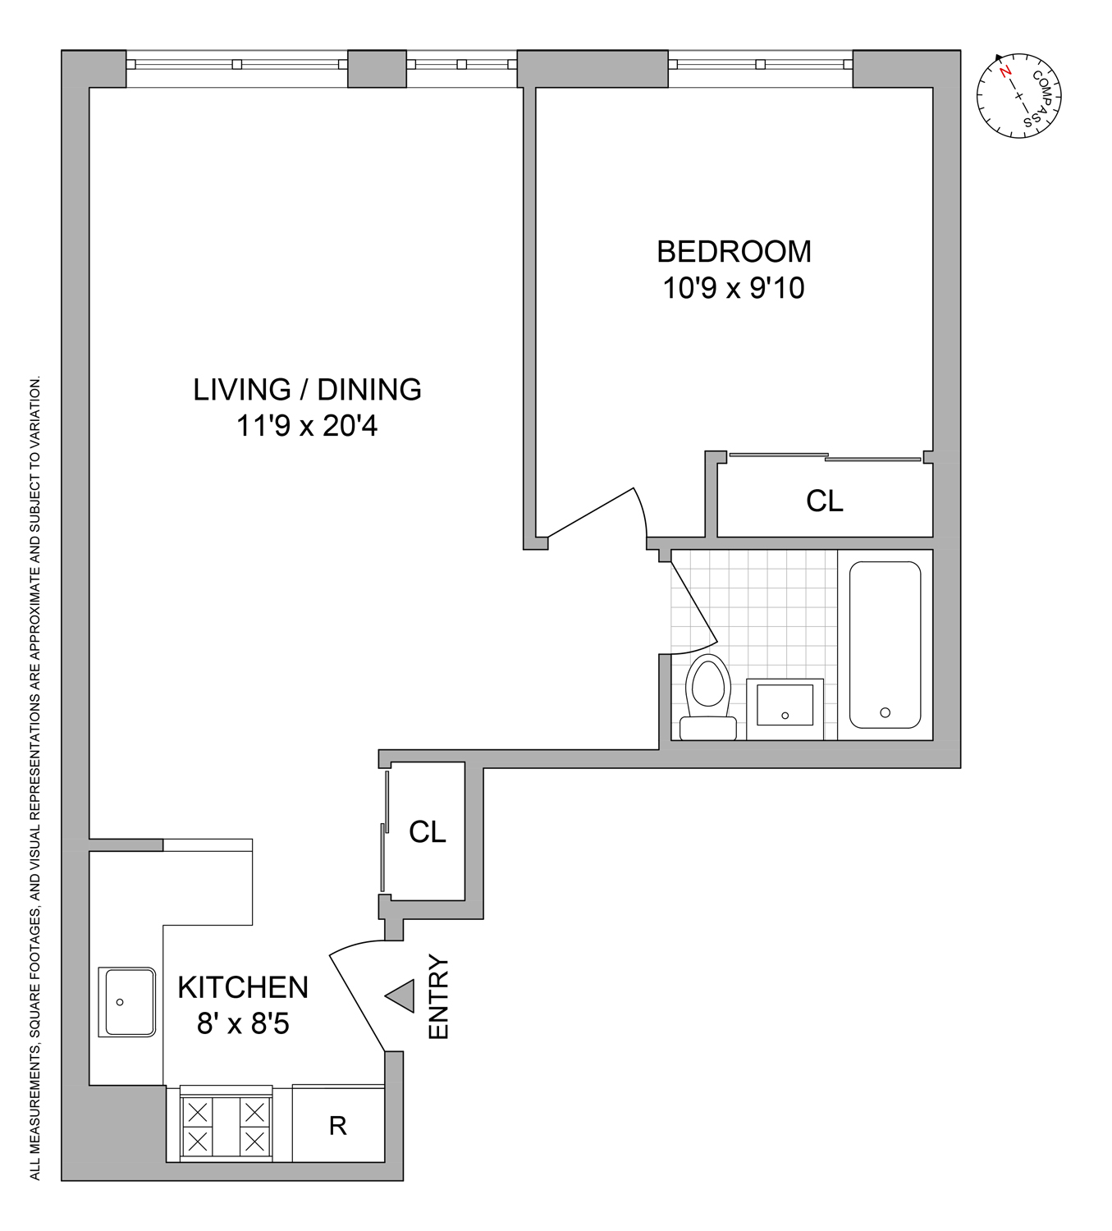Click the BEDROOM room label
pyautogui.click(x=734, y=252)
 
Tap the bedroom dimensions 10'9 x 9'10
pyautogui.click(x=734, y=289)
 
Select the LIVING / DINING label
pyautogui.click(x=307, y=390)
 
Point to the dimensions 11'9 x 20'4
pyautogui.click(x=307, y=427)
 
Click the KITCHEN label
pyautogui.click(x=243, y=987)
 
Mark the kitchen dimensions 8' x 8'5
pyautogui.click(x=243, y=1024)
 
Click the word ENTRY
pyautogui.click(x=439, y=997)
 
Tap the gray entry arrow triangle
pyautogui.click(x=402, y=996)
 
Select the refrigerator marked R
pyautogui.click(x=338, y=1125)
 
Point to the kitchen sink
pyautogui.click(x=127, y=1002)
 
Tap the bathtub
pyautogui.click(x=885, y=644)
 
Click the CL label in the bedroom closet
pyautogui.click(x=824, y=501)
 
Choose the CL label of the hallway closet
pyautogui.click(x=427, y=832)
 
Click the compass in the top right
pyautogui.click(x=1019, y=95)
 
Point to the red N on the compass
pyautogui.click(x=1004, y=72)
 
